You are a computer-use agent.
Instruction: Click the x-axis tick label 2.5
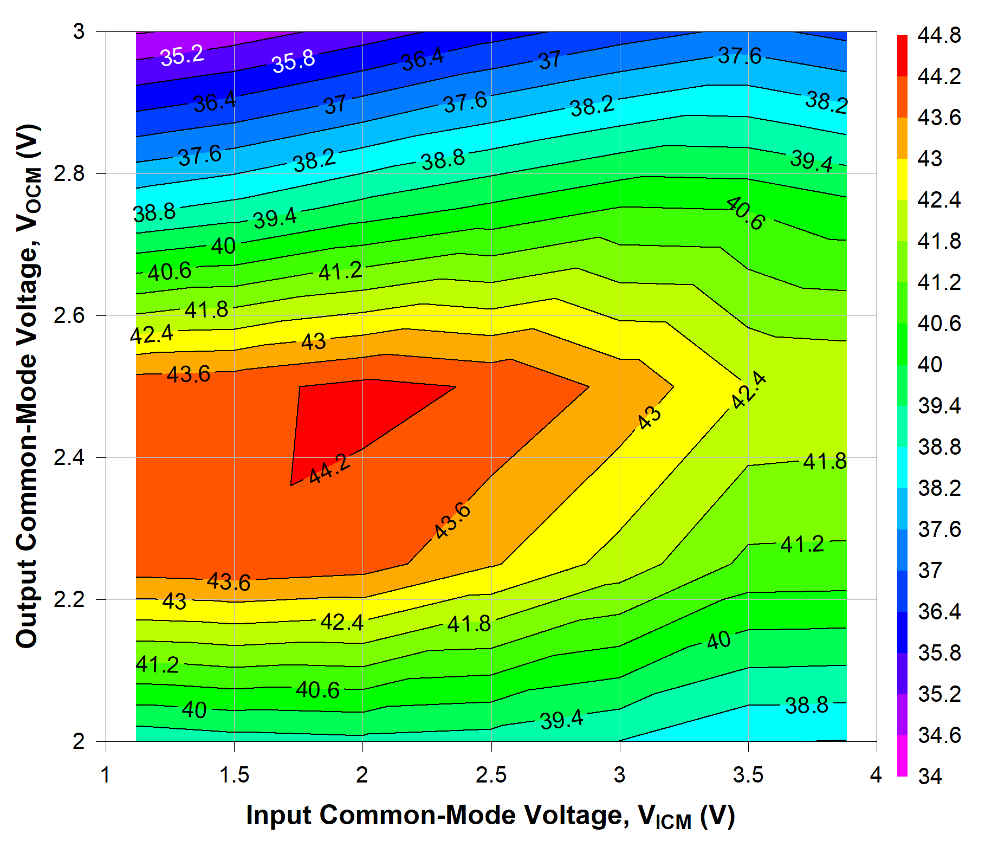pos(491,775)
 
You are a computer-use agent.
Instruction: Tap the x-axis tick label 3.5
pos(748,775)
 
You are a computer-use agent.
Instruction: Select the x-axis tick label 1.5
pos(234,775)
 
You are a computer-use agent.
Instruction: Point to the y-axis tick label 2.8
pos(70,174)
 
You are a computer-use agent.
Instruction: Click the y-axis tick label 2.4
pos(70,458)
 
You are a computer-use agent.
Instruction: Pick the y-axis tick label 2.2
pos(70,600)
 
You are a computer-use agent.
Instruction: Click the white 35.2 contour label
pos(182,55)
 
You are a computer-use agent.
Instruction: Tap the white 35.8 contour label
pos(293,61)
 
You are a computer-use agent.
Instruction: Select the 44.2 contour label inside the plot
pos(329,469)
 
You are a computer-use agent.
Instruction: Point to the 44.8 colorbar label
pos(939,36)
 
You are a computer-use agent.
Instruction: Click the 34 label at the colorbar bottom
pos(930,777)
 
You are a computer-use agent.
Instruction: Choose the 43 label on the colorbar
pos(930,159)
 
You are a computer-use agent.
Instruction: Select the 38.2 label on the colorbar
pos(939,488)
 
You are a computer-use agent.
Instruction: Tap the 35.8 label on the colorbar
pos(939,653)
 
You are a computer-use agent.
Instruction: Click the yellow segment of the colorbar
pos(902,179)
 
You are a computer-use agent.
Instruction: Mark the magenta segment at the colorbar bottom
pos(902,756)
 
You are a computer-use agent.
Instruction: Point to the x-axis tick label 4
pos(876,775)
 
